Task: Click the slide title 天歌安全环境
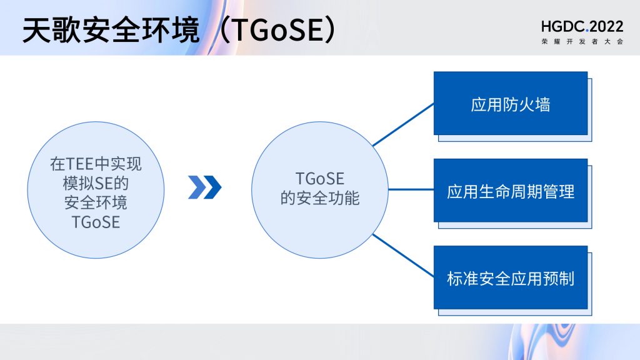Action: pyautogui.click(x=111, y=30)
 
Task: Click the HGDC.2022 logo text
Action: pyautogui.click(x=582, y=26)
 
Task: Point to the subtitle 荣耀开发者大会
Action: pyautogui.click(x=582, y=41)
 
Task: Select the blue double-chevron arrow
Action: pyautogui.click(x=204, y=187)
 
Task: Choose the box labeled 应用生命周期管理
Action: pyautogui.click(x=511, y=190)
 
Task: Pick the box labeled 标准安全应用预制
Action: pyautogui.click(x=511, y=277)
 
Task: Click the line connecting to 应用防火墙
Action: pyautogui.click(x=403, y=124)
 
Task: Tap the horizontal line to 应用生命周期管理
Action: pyautogui.click(x=411, y=189)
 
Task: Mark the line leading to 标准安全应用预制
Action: pyautogui.click(x=403, y=256)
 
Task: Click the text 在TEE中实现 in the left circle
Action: pyautogui.click(x=96, y=164)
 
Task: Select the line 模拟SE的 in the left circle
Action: pyautogui.click(x=96, y=183)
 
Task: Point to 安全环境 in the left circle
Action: pyautogui.click(x=96, y=202)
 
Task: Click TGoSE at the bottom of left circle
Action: pyautogui.click(x=96, y=222)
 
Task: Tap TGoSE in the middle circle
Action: pyautogui.click(x=320, y=179)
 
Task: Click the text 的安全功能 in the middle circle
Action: pyautogui.click(x=320, y=198)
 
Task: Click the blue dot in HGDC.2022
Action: pyautogui.click(x=587, y=31)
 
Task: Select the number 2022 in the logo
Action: pyautogui.click(x=606, y=26)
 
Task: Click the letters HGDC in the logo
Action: pyautogui.click(x=562, y=26)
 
